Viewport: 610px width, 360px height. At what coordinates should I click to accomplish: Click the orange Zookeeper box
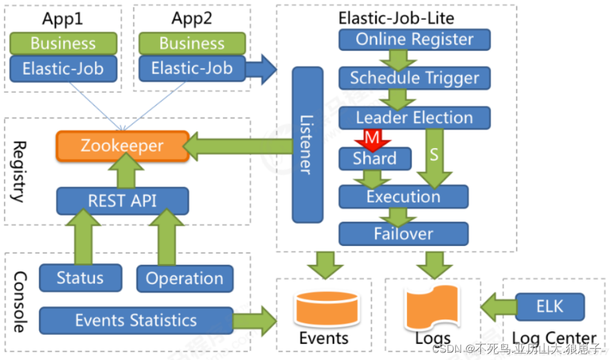[x=122, y=146]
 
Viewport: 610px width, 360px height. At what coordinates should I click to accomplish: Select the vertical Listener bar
[x=307, y=144]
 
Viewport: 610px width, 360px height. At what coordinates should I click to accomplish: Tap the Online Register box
[x=414, y=39]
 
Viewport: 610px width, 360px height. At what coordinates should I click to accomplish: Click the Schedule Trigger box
[x=414, y=78]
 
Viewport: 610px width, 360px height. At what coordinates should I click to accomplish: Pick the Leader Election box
[x=414, y=118]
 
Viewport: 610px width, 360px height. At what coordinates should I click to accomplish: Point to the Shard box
[x=375, y=159]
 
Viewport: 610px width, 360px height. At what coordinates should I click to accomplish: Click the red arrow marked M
[x=372, y=140]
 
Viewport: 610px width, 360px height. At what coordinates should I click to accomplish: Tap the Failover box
[x=403, y=233]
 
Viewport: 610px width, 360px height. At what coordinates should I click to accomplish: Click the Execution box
[x=403, y=197]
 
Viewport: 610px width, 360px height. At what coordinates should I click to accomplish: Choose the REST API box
[x=122, y=201]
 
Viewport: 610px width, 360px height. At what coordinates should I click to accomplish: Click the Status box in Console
[x=81, y=278]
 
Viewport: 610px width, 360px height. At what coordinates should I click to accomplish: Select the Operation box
[x=185, y=279]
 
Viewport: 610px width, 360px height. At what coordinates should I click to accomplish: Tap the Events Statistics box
[x=136, y=321]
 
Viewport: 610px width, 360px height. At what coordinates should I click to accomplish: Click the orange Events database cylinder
[x=327, y=309]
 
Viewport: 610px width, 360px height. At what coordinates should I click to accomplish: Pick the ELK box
[x=550, y=306]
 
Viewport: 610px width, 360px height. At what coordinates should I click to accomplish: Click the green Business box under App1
[x=63, y=43]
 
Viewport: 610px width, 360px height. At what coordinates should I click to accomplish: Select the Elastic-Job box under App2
[x=192, y=69]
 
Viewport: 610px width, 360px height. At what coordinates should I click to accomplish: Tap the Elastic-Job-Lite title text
[x=396, y=19]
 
